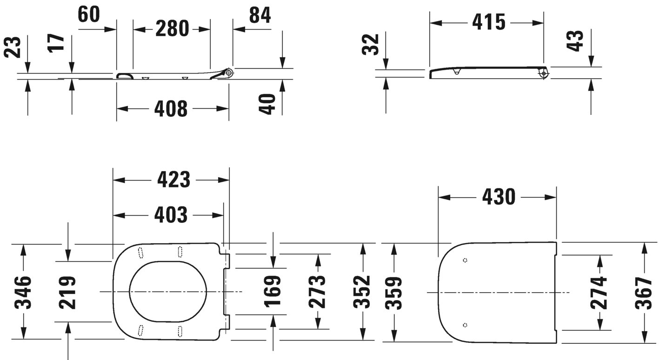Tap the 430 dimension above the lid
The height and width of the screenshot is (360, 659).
coord(498,197)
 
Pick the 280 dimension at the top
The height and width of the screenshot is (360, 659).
coord(172,29)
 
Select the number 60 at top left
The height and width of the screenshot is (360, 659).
coord(88,15)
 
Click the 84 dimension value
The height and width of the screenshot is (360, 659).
coord(260,15)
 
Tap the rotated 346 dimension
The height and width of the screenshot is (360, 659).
coord(22,292)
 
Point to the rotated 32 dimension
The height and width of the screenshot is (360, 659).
coord(372,44)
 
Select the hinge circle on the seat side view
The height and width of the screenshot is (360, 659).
coord(228,73)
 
